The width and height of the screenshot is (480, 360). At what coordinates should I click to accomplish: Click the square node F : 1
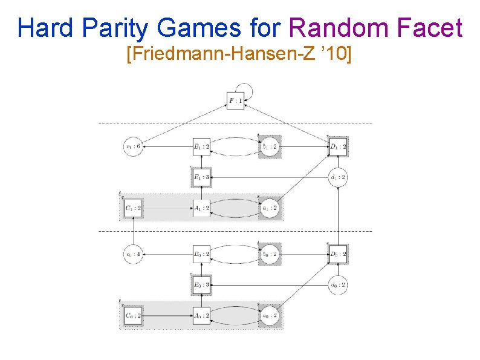236,100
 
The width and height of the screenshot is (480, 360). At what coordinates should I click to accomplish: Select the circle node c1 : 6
132,146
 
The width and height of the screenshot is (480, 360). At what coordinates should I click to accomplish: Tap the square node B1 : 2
201,146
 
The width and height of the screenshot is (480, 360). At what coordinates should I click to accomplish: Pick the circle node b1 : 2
270,146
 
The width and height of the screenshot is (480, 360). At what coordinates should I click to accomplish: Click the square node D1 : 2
338,146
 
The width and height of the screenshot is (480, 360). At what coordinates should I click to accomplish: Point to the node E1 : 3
201,177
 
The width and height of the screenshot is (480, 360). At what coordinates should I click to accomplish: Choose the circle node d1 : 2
338,177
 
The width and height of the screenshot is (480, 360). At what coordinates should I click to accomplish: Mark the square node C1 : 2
132,209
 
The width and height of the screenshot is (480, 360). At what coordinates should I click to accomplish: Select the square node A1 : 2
201,209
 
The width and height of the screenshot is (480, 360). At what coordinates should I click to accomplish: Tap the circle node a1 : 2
270,209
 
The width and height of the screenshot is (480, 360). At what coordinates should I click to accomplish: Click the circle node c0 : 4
132,254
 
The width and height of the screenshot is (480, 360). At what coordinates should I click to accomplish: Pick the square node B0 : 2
201,254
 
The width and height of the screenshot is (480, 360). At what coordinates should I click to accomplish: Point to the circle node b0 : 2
270,254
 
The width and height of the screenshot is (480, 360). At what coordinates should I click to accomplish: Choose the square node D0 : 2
338,254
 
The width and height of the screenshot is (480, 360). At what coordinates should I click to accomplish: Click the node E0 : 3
201,284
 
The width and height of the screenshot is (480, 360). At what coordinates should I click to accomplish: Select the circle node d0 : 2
338,284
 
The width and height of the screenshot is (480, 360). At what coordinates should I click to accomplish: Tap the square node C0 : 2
132,315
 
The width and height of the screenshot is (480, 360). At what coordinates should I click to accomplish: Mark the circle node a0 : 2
270,315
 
